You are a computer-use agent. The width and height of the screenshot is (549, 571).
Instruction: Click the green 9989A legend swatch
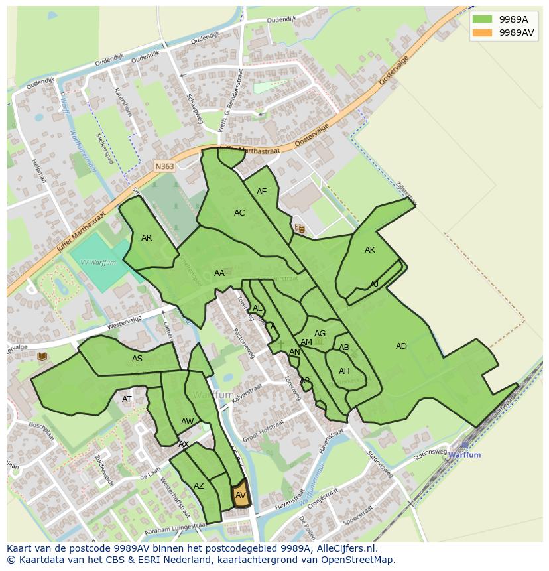[482, 19]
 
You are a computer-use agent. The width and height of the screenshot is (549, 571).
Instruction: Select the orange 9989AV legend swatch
[482, 32]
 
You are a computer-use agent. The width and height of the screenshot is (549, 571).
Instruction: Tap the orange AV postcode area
[240, 495]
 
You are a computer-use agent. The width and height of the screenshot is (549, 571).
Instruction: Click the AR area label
[147, 238]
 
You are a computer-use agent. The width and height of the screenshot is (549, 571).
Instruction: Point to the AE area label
[261, 192]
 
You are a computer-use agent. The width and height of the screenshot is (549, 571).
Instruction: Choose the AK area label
[370, 250]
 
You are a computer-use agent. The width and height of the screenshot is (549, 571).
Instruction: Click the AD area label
[401, 346]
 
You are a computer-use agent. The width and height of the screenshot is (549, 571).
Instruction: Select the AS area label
[137, 359]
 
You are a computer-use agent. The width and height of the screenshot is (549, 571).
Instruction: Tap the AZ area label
[199, 486]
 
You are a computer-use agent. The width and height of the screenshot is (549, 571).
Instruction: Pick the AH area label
[344, 371]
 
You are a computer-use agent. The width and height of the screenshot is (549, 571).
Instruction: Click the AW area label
[187, 422]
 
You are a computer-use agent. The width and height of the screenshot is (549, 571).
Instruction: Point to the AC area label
[239, 213]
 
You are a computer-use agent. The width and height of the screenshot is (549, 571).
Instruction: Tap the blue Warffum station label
[464, 455]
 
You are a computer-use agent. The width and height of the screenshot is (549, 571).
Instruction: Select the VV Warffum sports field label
[98, 263]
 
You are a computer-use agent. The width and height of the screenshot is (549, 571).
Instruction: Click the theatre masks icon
[300, 229]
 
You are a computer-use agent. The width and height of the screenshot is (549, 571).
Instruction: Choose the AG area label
[320, 334]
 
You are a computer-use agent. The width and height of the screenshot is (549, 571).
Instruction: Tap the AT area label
[127, 399]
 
